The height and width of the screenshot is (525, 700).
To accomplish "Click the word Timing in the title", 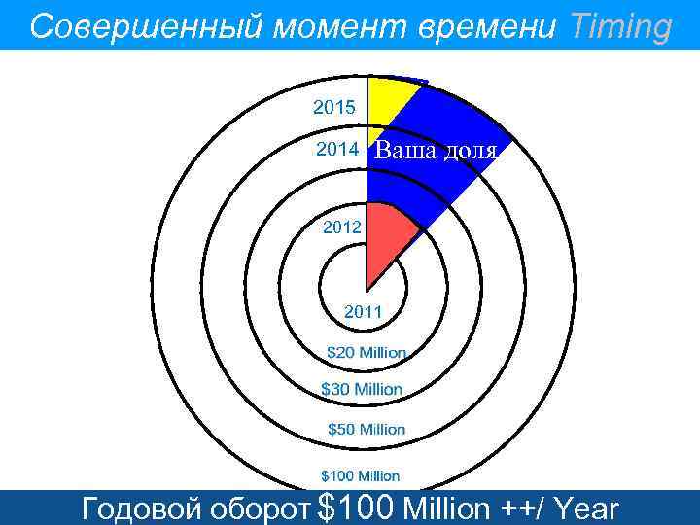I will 621,26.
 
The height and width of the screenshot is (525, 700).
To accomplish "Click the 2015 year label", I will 333,105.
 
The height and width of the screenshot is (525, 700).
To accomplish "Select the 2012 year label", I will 342,228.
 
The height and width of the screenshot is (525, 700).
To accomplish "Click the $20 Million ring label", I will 366,352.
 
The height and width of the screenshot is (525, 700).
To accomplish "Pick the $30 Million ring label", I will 362,389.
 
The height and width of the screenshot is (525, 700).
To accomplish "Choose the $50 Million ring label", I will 366,429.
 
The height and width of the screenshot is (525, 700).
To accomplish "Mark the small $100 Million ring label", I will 361,475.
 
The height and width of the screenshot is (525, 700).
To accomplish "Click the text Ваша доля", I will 437,152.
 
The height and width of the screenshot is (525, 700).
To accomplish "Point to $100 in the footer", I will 355,507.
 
